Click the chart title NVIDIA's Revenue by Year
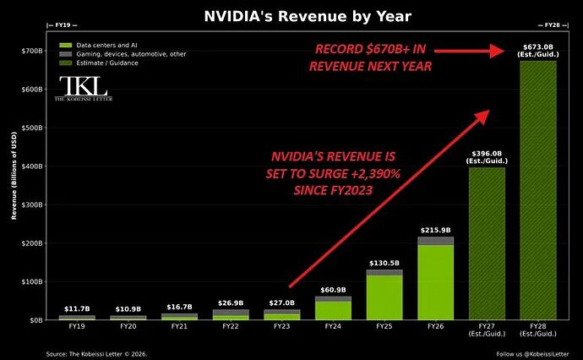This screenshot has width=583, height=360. pos(308,16)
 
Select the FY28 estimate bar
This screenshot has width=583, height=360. pos(538,190)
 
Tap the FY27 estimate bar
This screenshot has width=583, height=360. pos(487,243)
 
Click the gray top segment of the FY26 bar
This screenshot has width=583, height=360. pos(435,241)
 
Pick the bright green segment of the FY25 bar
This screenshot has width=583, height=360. pos(384,297)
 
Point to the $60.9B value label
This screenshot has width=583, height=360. pos(333,290)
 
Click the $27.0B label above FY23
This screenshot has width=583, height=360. pos(282,303)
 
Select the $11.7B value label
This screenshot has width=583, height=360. pos(77,308)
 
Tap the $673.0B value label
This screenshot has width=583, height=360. pos(538,46)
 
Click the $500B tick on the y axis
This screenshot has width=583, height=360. pos(33,128)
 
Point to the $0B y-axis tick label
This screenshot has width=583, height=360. pos(36,319)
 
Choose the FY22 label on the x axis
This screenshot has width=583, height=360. pos(231,326)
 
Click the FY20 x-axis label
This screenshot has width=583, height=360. pos(128,326)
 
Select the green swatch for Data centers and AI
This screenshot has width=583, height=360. pos(65,46)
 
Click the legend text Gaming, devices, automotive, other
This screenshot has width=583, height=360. pos(131,54)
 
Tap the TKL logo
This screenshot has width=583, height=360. pos(84,88)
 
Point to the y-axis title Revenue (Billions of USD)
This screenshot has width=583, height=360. pos(14,176)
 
